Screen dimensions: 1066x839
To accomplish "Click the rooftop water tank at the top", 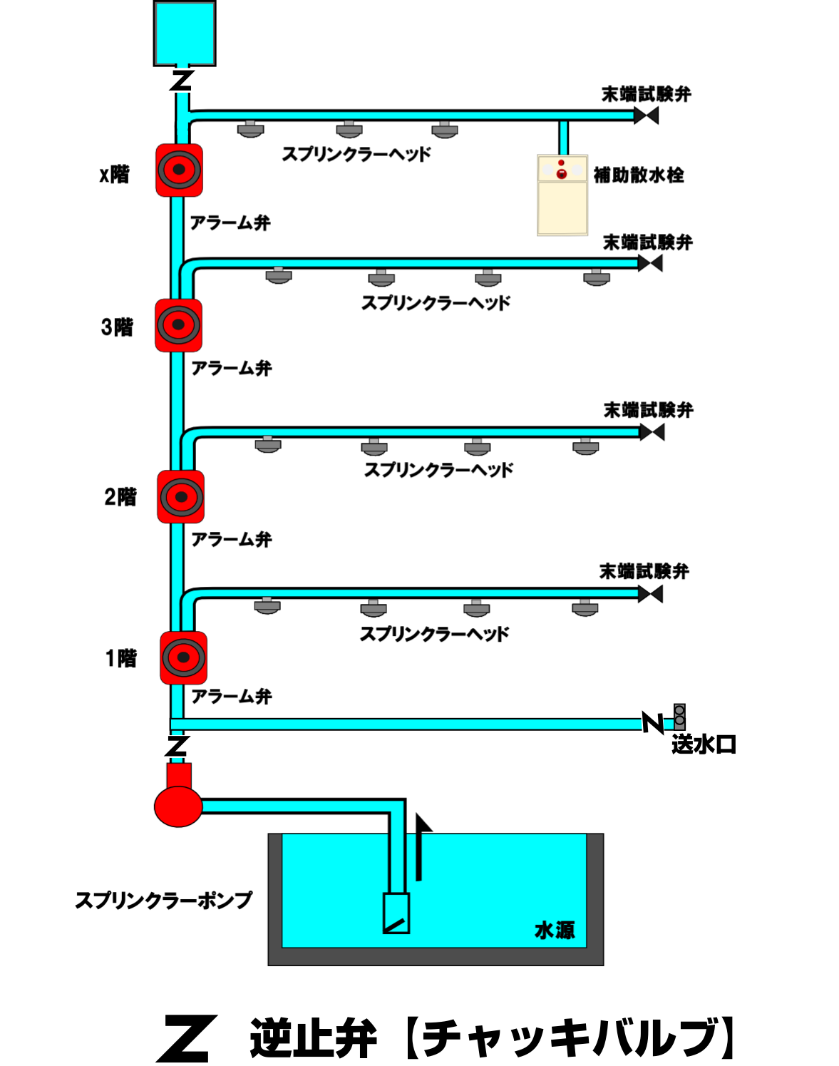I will [185, 34].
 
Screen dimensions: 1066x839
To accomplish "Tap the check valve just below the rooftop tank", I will [183, 81].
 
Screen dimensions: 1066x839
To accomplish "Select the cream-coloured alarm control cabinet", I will [562, 195].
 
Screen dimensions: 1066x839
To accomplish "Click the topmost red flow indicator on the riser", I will [179, 170].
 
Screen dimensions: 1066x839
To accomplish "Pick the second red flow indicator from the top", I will [178, 325].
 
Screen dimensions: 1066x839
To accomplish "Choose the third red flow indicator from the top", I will [180, 497].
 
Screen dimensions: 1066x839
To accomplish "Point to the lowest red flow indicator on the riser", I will [183, 657].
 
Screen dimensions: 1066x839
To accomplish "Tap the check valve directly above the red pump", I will [176, 747].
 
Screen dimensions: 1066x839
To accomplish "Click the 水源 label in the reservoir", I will [555, 930].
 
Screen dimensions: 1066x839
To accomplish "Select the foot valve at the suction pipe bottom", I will [396, 913].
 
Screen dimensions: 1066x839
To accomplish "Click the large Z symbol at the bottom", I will [185, 1039].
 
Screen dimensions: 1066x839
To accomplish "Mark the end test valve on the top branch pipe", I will [646, 116].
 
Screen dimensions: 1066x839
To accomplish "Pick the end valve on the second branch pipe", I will [650, 263].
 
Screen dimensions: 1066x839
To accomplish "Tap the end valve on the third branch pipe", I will [652, 432].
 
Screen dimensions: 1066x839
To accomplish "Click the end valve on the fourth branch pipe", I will [650, 594].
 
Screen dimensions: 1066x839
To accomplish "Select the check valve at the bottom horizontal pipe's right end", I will [652, 722].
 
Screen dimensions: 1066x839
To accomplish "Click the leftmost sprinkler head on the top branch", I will [250, 129].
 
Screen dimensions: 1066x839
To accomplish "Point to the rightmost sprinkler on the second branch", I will [597, 277].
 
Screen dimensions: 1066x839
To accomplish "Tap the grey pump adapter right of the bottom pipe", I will [679, 717].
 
